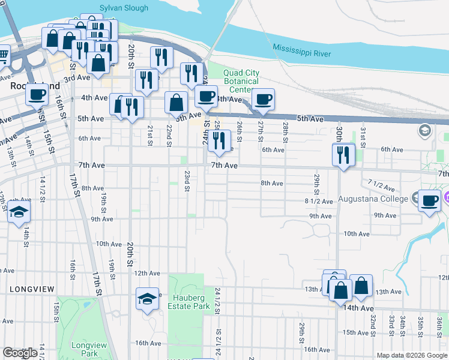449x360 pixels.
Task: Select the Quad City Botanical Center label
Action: [241, 81]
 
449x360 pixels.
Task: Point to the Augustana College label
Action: [372, 199]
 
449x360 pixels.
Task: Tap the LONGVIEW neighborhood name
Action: [32, 289]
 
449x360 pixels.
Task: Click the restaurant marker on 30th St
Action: [344, 155]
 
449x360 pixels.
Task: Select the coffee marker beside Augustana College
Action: [429, 200]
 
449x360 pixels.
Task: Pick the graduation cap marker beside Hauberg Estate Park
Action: [147, 298]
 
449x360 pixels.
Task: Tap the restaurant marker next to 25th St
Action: [219, 141]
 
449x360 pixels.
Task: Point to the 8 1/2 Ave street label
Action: [318, 200]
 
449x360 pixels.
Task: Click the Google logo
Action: [20, 353]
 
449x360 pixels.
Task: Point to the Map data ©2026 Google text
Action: [411, 355]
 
